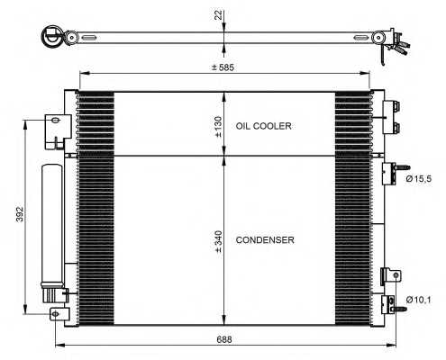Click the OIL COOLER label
pyautogui.click(x=263, y=127)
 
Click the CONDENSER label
pyautogui.click(x=264, y=240)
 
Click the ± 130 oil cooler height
pyautogui.click(x=218, y=126)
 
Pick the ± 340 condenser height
pyautogui.click(x=218, y=240)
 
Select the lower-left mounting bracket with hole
pyautogui.click(x=59, y=313)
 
